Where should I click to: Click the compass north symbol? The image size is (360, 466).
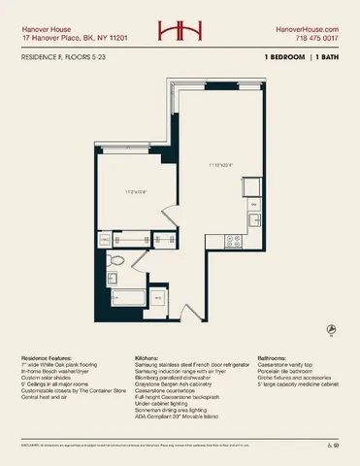tap(331, 330)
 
